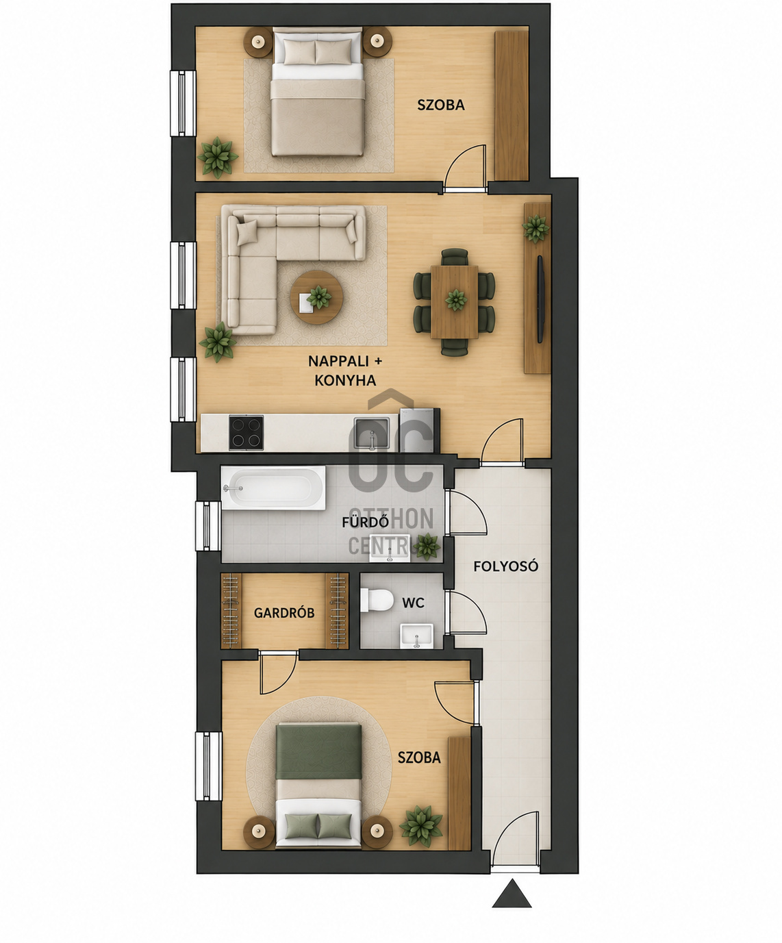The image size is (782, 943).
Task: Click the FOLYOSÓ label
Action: coord(505,566)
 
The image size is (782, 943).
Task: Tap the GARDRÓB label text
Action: coord(284,613)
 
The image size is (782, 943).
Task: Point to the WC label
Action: coord(413,603)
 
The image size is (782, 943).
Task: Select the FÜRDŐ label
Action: coord(365,522)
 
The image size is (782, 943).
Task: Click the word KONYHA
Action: coord(345,380)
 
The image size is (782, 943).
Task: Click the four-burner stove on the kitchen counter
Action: coord(246,433)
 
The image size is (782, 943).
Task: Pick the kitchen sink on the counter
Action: coord(372,433)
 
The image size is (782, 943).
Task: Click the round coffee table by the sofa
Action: coord(316,297)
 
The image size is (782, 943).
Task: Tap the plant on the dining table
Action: coord(456,301)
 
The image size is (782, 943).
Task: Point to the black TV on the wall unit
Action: coord(540,299)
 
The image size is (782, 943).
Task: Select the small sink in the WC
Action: coord(417,636)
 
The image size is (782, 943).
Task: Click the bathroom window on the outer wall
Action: coord(208,526)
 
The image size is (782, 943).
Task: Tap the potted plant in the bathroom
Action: coord(426,546)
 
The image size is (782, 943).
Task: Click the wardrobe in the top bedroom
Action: coord(512,105)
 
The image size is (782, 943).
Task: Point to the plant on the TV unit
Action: coord(536,229)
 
